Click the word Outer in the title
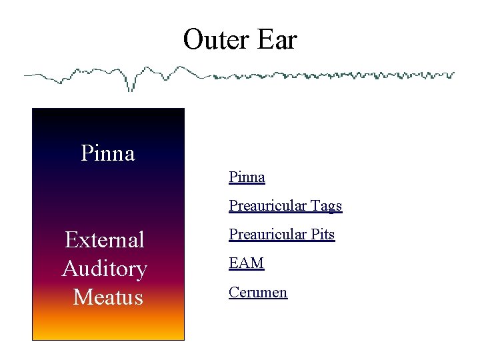tap(213, 40)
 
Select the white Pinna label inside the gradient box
tap(107, 153)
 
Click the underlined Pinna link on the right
tap(247, 177)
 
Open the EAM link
tap(246, 263)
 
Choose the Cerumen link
tap(257, 292)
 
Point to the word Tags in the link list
tap(326, 206)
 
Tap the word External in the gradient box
tap(105, 239)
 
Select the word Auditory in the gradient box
tap(105, 268)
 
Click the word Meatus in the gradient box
tap(108, 297)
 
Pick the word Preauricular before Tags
tap(268, 206)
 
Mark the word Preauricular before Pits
tap(268, 235)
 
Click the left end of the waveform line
tap(26, 75)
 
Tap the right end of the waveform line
tap(453, 74)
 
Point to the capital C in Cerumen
tap(233, 292)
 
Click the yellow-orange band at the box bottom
tap(108, 330)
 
